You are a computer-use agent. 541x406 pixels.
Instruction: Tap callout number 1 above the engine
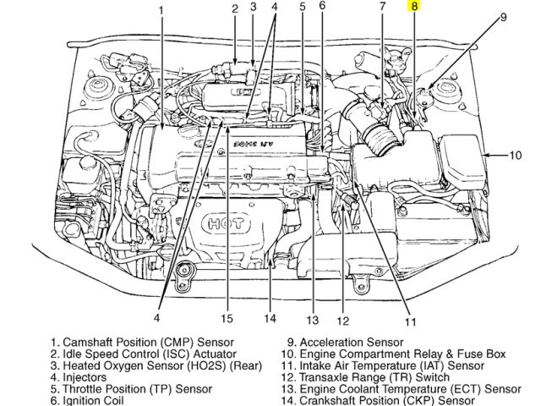(x=161, y=10)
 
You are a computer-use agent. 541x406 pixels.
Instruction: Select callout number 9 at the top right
(x=503, y=16)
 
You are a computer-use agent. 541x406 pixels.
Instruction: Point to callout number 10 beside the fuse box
(x=516, y=155)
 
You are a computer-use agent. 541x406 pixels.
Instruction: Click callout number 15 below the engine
(x=226, y=319)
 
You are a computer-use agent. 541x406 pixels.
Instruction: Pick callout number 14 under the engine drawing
(x=269, y=319)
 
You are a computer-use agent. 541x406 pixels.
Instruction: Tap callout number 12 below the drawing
(x=342, y=321)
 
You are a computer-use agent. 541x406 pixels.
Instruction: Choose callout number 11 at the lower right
(x=410, y=321)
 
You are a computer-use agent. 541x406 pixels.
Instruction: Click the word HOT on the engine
(x=226, y=224)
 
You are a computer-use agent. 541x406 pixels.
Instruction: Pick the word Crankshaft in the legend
(x=334, y=399)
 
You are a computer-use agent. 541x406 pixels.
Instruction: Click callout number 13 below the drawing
(x=312, y=321)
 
